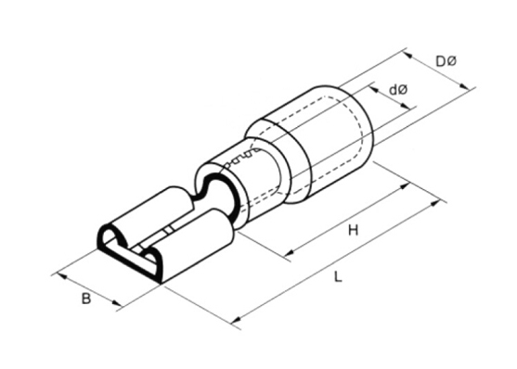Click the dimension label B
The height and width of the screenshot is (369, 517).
[85, 299]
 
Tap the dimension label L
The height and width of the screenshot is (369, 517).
[337, 276]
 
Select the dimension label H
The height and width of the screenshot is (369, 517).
[353, 230]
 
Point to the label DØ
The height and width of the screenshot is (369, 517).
[446, 61]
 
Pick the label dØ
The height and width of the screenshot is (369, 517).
[398, 89]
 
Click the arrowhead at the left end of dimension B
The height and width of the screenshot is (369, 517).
[62, 276]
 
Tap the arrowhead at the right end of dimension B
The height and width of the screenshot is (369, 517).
[116, 303]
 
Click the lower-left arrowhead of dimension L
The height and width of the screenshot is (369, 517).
[237, 319]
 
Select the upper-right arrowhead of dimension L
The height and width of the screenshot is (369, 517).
[435, 204]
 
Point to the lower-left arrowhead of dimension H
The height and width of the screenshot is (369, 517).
[289, 253]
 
